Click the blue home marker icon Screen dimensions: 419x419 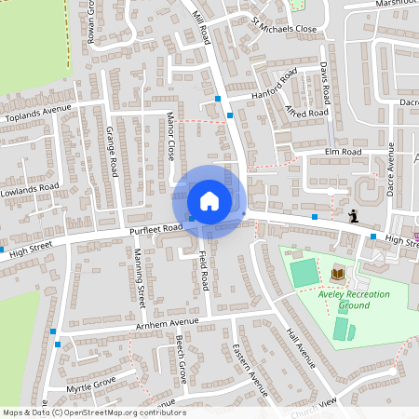[209, 200]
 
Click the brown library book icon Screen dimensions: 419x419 [337, 273]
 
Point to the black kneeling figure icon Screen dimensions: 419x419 [354, 217]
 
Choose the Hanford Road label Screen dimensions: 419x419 [274, 85]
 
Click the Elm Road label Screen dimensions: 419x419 [342, 152]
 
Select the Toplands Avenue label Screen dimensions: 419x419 [38, 113]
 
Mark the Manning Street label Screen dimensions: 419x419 [139, 277]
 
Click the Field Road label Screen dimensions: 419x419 [202, 275]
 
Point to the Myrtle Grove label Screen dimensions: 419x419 [90, 385]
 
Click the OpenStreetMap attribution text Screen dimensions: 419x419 [93, 412]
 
